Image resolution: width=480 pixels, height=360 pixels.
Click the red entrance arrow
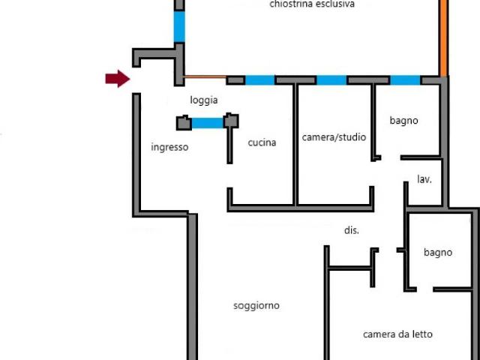pyautogui.click(x=117, y=79)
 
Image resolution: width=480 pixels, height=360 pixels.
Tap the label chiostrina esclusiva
pyautogui.click(x=312, y=4)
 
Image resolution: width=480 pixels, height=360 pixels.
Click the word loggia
pyautogui.click(x=204, y=100)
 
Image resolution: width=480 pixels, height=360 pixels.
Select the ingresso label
pyautogui.click(x=169, y=147)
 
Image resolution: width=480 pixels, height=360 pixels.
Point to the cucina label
pyautogui.click(x=262, y=142)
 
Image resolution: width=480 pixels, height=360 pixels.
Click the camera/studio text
pyautogui.click(x=334, y=137)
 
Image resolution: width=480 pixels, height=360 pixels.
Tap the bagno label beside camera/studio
pyautogui.click(x=403, y=120)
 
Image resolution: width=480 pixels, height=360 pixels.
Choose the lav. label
pyautogui.click(x=424, y=179)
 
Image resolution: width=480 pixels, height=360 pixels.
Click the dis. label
pyautogui.click(x=351, y=230)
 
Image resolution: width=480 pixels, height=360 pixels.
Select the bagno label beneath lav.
pyautogui.click(x=438, y=252)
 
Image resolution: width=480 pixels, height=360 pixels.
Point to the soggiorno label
pyautogui.click(x=256, y=305)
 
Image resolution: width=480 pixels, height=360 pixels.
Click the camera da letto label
pyautogui.click(x=397, y=334)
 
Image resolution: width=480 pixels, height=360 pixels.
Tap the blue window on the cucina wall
pyautogui.click(x=259, y=80)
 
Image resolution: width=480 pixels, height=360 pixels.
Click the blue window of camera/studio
pyautogui.click(x=331, y=80)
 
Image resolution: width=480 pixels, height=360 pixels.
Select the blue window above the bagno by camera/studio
pyautogui.click(x=405, y=80)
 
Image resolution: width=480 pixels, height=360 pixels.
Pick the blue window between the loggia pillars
pyautogui.click(x=208, y=122)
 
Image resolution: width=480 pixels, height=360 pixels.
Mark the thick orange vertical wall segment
pyautogui.click(x=444, y=37)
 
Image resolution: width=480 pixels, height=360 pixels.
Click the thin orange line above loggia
pyautogui.click(x=205, y=76)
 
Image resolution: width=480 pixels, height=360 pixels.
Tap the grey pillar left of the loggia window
pyautogui.click(x=183, y=122)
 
